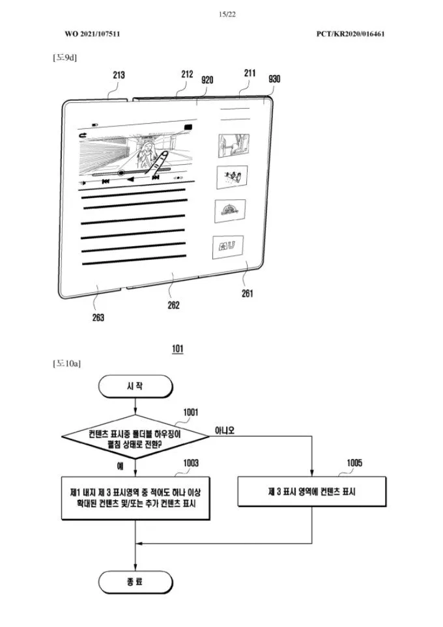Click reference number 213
[119, 76]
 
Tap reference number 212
[187, 75]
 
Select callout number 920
[208, 79]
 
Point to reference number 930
[274, 79]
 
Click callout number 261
[248, 293]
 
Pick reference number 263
[98, 318]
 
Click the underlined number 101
[177, 350]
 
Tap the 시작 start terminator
[135, 385]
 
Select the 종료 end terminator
[135, 581]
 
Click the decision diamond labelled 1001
[136, 438]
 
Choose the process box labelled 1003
[136, 499]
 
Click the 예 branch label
[120, 466]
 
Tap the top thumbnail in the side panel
[232, 143]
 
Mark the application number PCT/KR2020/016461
[350, 33]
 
